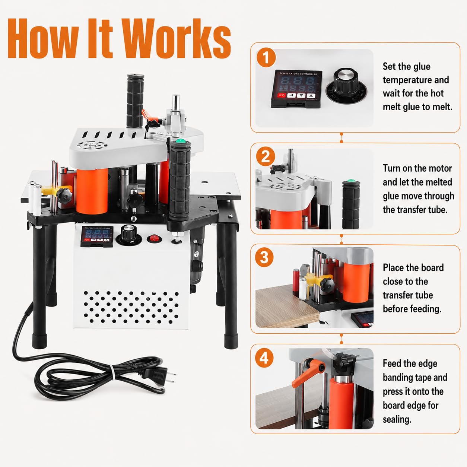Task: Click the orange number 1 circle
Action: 266,58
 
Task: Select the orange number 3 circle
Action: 264,257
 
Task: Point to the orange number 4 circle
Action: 264,358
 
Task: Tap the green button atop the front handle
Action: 181,141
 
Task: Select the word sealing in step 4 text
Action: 397,419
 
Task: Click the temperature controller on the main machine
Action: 97,236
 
